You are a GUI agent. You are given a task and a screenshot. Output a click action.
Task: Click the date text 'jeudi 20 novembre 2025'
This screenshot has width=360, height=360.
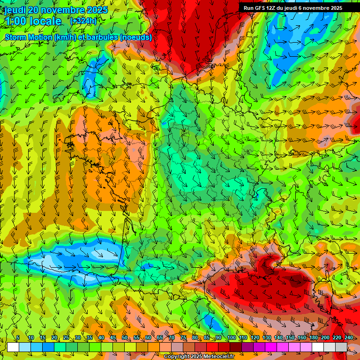(x=56, y=10)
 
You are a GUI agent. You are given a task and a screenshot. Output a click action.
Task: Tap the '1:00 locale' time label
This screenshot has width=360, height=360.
(x=33, y=21)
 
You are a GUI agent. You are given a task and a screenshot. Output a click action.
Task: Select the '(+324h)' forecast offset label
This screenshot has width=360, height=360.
(x=83, y=21)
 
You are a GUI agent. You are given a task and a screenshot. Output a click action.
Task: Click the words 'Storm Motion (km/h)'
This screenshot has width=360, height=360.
(x=38, y=37)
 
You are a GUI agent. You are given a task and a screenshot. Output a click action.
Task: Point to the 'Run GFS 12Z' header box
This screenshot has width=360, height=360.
(x=299, y=8)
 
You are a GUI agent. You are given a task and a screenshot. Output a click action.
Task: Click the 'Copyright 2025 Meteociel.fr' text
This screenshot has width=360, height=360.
(x=199, y=357)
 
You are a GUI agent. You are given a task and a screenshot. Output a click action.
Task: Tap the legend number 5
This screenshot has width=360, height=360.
(x=18, y=338)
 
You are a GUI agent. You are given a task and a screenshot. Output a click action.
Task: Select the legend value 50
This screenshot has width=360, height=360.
(x=125, y=338)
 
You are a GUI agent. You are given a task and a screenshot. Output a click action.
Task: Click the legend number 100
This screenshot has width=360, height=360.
(x=231, y=338)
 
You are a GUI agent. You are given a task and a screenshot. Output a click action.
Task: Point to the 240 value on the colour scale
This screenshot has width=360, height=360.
(x=349, y=338)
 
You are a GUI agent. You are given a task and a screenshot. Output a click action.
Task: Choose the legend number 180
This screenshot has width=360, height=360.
(x=313, y=338)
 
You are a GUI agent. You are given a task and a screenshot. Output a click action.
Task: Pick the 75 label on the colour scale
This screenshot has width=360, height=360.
(x=183, y=338)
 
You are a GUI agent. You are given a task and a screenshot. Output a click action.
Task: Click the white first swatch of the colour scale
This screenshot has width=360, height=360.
(x=13, y=347)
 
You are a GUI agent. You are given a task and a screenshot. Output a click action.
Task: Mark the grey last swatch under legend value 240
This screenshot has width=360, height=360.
(x=341, y=347)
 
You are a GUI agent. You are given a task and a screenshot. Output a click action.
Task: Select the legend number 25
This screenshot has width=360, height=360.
(x=66, y=338)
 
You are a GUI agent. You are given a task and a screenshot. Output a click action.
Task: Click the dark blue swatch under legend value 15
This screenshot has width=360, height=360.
(x=48, y=347)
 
